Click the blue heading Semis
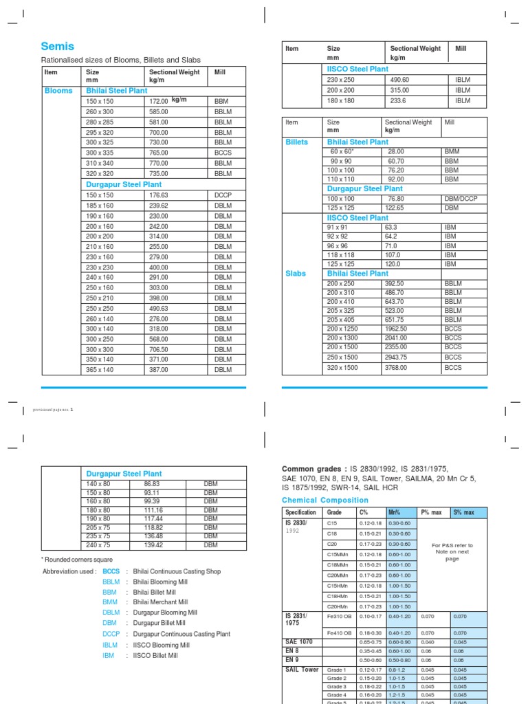(x=58, y=47)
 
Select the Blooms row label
(x=58, y=91)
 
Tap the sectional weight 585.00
(x=159, y=111)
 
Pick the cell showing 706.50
(x=159, y=349)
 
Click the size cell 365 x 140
(x=100, y=370)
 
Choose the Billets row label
(x=296, y=142)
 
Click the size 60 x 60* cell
(x=342, y=151)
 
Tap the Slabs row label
(x=296, y=273)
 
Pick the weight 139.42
(x=153, y=544)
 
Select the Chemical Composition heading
(x=320, y=500)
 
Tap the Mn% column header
(x=395, y=512)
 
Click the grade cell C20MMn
(x=338, y=575)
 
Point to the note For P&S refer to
(x=452, y=545)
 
